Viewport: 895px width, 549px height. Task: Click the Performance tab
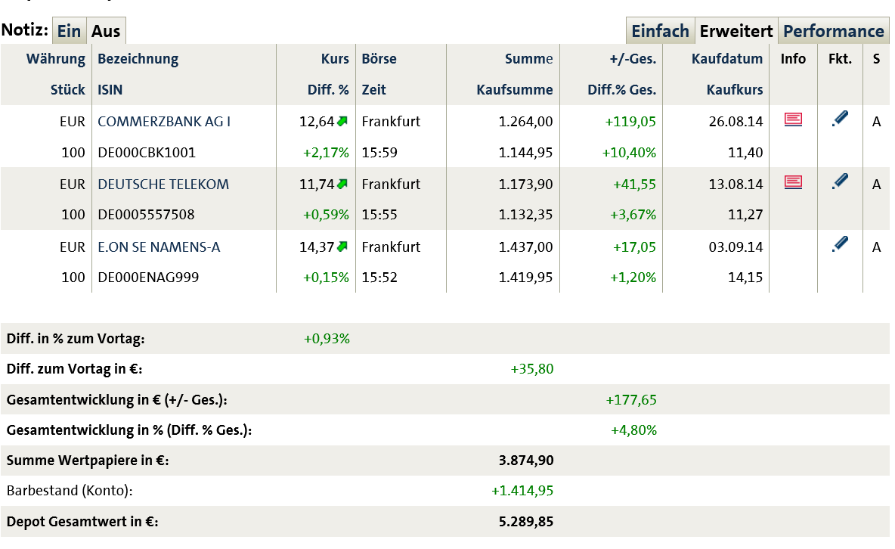click(833, 31)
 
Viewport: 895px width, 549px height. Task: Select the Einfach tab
click(660, 31)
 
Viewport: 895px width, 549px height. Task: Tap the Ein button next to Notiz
click(69, 31)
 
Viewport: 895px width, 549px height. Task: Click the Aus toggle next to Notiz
click(106, 31)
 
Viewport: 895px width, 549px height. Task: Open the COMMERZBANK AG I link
click(164, 121)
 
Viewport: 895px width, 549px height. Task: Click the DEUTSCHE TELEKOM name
click(163, 184)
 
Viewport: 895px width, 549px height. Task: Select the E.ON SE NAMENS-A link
click(159, 247)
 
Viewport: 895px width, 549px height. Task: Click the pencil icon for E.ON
click(839, 244)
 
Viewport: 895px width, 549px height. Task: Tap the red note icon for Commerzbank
click(793, 119)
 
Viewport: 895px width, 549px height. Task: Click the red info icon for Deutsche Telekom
click(793, 181)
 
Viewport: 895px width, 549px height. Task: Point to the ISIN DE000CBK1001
click(147, 152)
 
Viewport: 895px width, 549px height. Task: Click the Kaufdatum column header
click(727, 58)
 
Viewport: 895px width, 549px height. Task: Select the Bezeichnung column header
click(138, 58)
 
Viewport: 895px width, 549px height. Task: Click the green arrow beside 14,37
click(342, 246)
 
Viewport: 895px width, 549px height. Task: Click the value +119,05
click(633, 121)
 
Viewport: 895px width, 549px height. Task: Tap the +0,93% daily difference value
click(327, 339)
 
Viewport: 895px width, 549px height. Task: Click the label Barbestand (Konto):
click(70, 491)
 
